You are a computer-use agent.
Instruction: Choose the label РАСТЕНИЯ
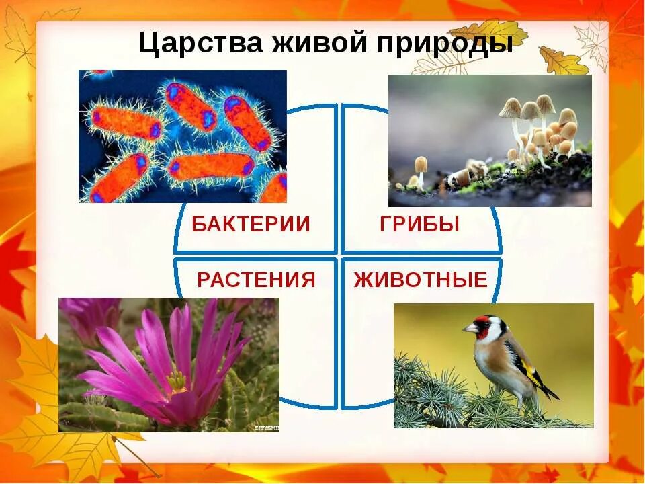[x=256, y=280]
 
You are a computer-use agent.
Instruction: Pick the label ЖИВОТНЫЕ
[x=421, y=280]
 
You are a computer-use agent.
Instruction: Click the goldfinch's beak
[x=469, y=328]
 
